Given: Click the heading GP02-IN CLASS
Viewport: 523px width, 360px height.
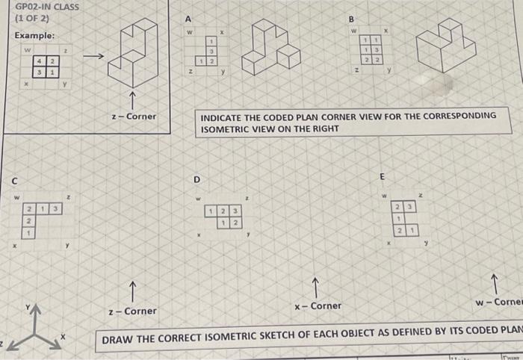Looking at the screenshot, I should pos(47,7).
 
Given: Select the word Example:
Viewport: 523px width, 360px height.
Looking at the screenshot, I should pos(34,36).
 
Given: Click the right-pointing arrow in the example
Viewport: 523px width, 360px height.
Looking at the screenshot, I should pos(93,57).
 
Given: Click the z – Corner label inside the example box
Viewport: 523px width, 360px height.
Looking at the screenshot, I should pos(133,116).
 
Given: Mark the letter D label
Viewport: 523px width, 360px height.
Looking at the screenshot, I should pos(197,180).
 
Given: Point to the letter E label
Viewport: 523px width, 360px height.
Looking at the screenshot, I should pos(383,177).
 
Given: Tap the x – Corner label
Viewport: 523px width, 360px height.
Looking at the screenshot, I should pos(318,305).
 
